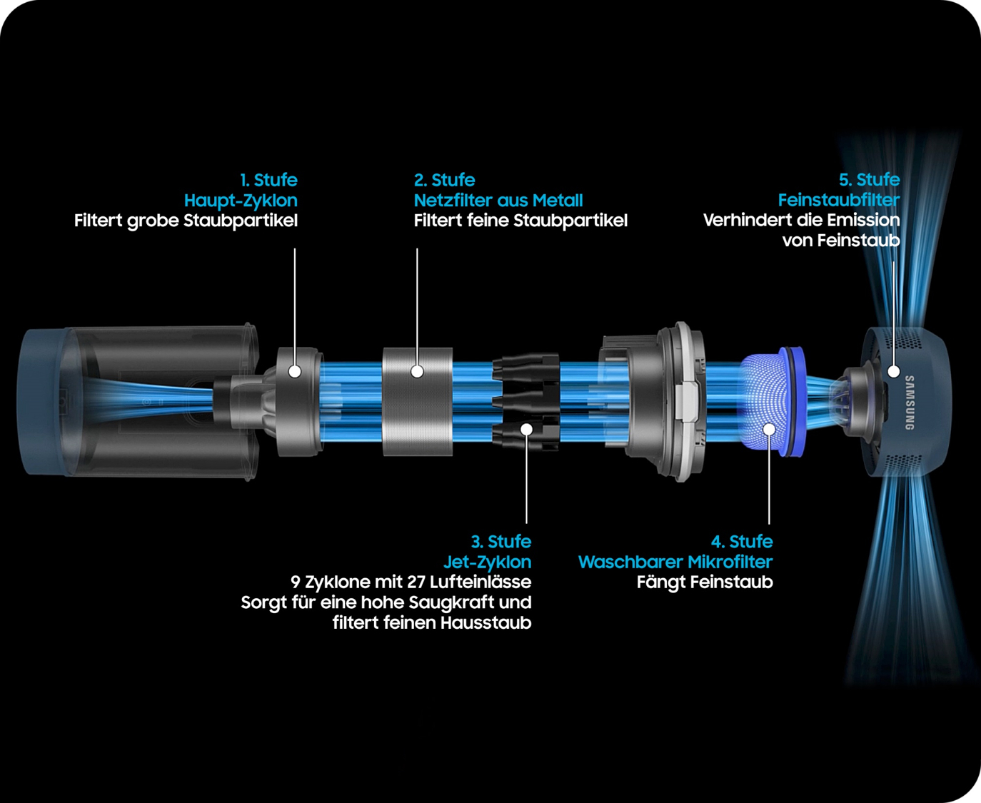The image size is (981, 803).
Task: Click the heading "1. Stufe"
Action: (268, 180)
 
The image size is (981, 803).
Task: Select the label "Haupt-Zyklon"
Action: (241, 201)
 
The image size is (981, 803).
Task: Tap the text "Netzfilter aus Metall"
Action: (498, 201)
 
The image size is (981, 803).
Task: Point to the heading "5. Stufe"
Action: (870, 179)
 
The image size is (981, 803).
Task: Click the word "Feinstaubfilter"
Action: (839, 200)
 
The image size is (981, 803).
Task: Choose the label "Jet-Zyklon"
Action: (487, 562)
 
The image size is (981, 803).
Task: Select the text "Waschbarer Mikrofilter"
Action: (675, 562)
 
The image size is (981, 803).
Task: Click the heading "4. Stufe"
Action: (742, 542)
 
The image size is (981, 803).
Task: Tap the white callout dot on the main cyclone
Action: (294, 371)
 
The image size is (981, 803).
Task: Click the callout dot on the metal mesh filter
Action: (417, 371)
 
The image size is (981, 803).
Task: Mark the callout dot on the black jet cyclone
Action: (526, 429)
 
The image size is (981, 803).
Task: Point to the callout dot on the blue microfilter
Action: (770, 429)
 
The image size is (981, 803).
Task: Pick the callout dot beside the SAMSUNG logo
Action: (893, 371)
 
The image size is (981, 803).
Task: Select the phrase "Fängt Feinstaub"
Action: (705, 582)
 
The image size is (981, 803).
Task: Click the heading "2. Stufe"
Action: (444, 180)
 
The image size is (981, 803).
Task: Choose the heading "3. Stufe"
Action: (501, 542)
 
